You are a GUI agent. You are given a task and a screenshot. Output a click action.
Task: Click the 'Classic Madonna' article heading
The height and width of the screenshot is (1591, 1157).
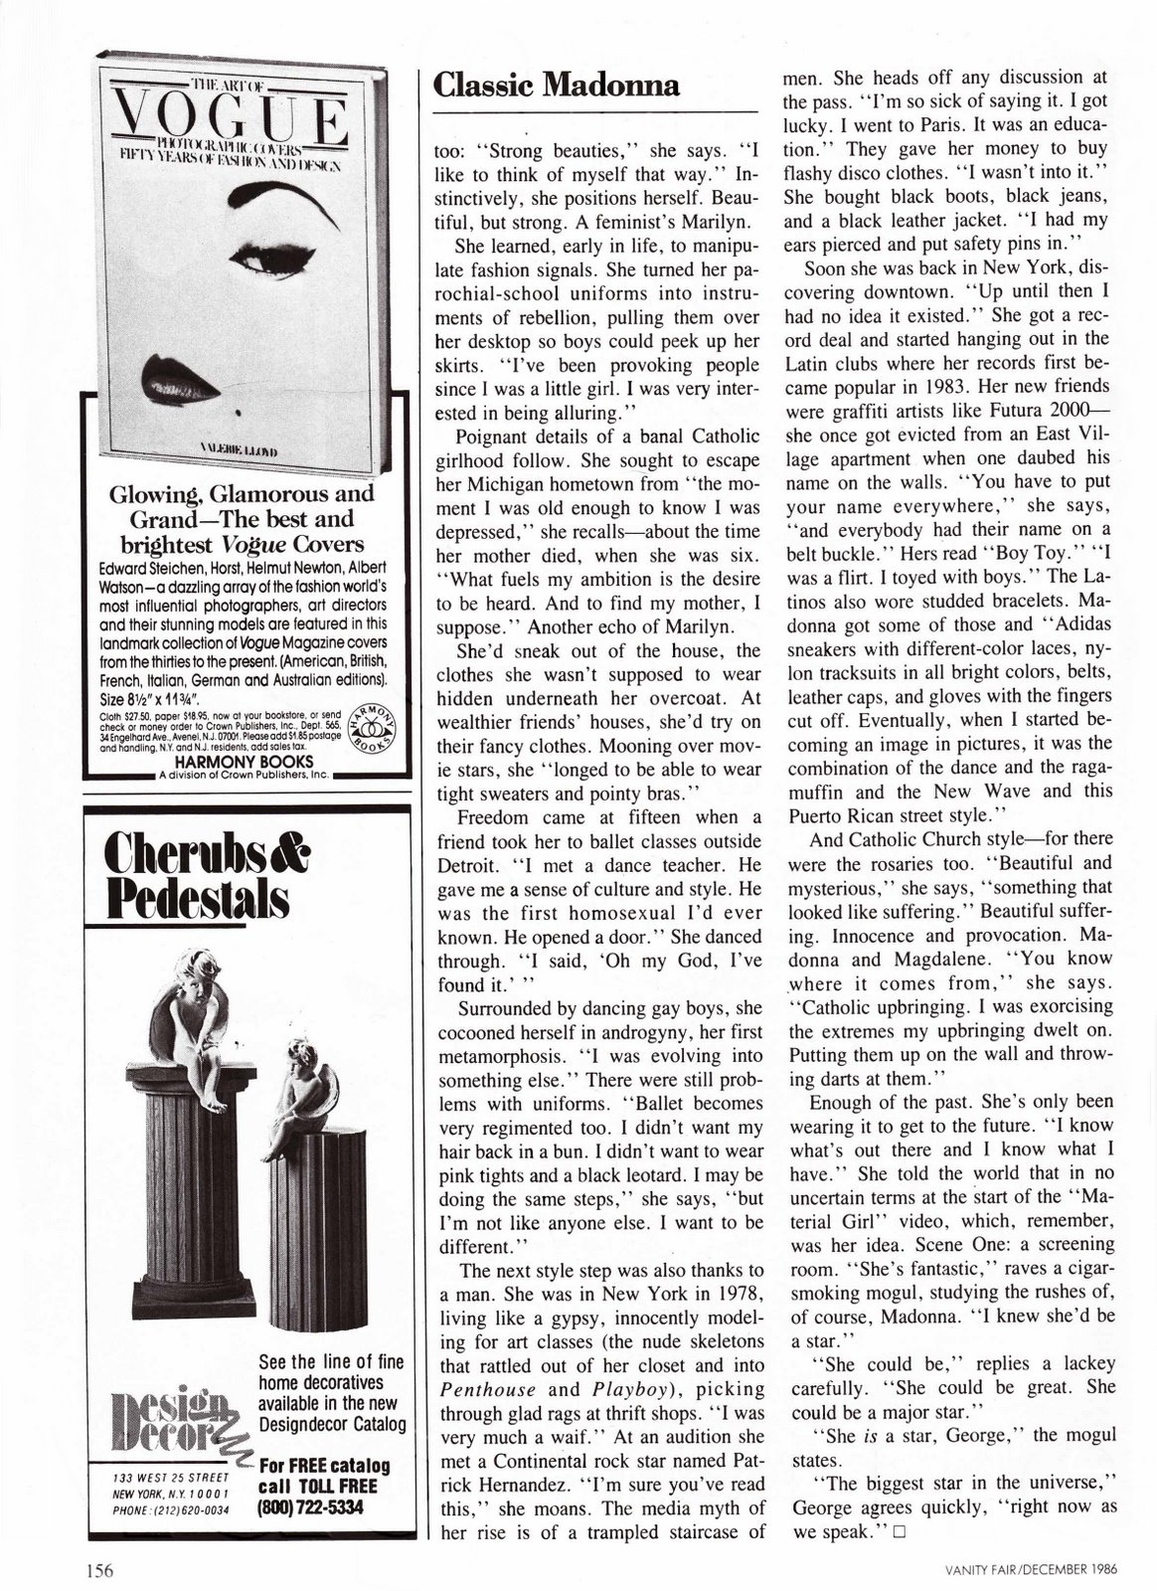tap(557, 86)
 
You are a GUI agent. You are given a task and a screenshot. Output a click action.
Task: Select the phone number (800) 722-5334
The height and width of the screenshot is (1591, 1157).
tap(311, 1506)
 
